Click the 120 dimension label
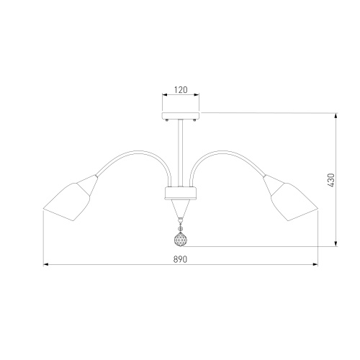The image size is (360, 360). pos(181,90)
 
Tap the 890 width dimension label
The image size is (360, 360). pos(180,259)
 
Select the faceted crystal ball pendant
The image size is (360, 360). pos(181,239)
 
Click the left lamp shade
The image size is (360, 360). pos(71,198)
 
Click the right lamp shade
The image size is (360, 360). pos(291,198)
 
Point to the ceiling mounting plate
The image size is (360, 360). pos(181,116)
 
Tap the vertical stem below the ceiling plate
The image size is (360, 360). pos(181,153)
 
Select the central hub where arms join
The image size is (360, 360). pos(181,193)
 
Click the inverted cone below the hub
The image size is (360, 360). pos(181,208)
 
